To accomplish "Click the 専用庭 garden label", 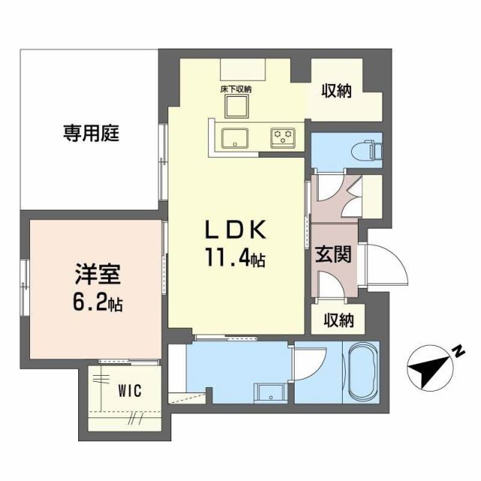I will coord(91,135).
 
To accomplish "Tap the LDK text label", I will coord(233,229).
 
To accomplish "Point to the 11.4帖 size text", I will coord(233,260).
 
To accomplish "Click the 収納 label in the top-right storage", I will coord(337,92).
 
